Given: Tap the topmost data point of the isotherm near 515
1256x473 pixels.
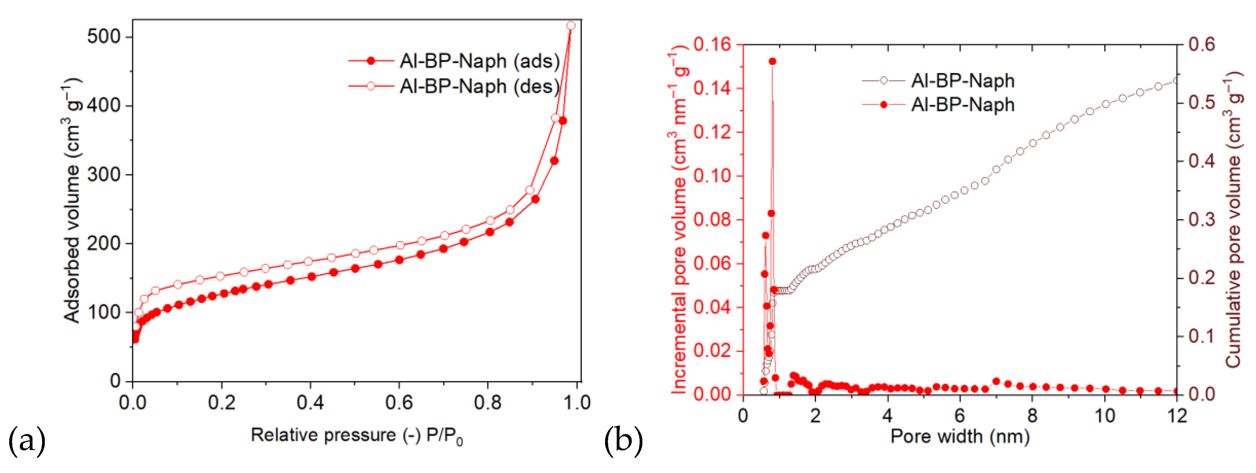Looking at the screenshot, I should click(x=571, y=25).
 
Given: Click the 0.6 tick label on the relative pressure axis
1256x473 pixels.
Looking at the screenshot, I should click(x=398, y=403).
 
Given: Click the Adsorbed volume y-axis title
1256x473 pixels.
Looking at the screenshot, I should click(x=72, y=200).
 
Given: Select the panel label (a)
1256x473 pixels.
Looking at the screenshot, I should click(x=27, y=441).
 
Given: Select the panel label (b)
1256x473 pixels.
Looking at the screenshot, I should click(x=623, y=441).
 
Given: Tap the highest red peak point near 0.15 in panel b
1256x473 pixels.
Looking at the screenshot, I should click(x=772, y=62).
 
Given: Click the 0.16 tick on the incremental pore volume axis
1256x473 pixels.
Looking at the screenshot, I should click(x=712, y=45).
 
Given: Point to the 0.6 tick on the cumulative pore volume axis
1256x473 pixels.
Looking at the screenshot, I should click(x=1201, y=45).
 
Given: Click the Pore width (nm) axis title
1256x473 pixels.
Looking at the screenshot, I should click(x=959, y=436).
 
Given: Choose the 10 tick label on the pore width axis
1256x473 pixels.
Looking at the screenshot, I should click(x=1104, y=416).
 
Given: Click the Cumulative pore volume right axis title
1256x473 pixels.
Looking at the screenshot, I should click(x=1233, y=220).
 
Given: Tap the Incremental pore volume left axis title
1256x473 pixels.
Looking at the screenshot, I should click(x=679, y=220).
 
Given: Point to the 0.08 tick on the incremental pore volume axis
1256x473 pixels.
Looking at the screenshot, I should click(x=712, y=220).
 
